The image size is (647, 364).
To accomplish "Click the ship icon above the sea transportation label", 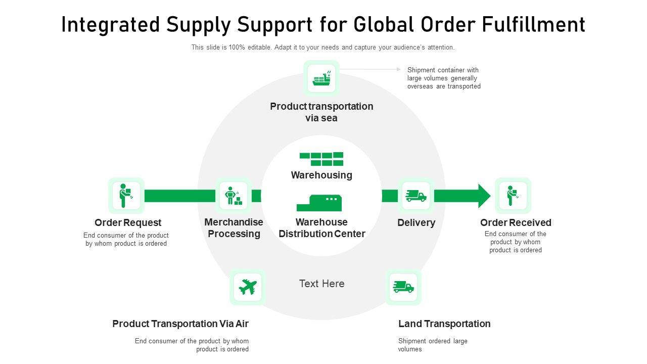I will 321,78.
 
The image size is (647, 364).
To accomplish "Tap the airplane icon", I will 248,287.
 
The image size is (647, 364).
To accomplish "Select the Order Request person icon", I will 126,196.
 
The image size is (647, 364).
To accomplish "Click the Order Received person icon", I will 513,196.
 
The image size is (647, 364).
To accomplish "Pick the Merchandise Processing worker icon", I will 234,196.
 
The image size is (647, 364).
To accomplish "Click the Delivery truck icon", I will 416,196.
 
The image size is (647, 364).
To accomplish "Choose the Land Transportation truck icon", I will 403,287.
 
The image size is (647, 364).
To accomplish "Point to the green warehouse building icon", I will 319,203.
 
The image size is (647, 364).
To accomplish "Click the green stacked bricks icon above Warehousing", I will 322,159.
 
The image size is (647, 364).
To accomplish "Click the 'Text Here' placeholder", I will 322,284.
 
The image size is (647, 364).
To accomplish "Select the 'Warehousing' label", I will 321,175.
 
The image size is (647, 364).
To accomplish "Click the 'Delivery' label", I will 417,222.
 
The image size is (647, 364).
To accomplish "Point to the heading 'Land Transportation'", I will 444,324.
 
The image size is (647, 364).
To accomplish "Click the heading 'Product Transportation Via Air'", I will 180,324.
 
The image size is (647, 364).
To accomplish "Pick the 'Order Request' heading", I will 128,222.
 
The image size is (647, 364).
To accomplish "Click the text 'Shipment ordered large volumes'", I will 433,345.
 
